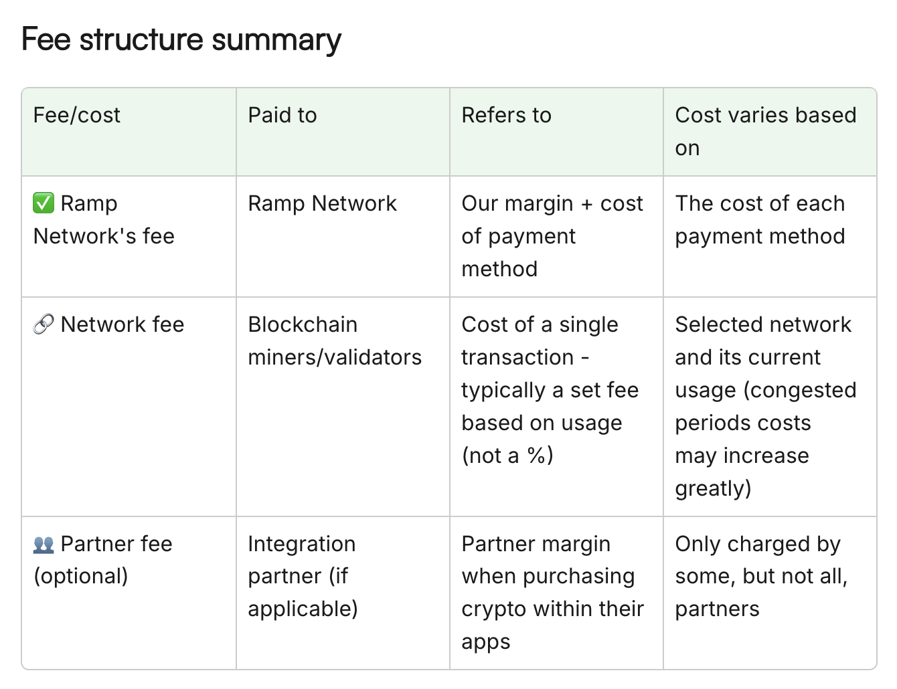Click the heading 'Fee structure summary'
(181, 40)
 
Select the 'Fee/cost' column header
(77, 115)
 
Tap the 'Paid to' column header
(282, 115)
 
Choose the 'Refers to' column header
(507, 115)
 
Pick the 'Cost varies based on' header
(766, 131)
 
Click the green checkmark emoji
(44, 203)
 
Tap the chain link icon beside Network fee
(44, 324)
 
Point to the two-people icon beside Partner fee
(44, 545)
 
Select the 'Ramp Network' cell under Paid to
(323, 203)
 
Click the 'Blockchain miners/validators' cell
(335, 340)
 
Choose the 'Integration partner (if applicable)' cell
(303, 577)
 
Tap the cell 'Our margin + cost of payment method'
(552, 236)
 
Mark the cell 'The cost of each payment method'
(760, 220)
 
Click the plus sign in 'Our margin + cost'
(586, 204)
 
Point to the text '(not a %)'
(507, 456)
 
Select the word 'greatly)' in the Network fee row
(713, 489)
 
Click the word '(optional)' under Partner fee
(80, 577)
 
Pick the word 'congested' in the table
(801, 391)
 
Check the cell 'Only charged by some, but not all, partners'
(761, 577)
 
